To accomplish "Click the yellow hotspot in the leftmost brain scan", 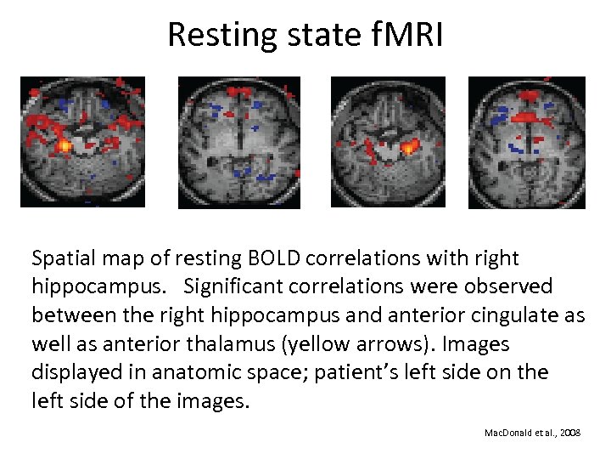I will [64, 146].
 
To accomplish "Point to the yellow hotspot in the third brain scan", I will [409, 148].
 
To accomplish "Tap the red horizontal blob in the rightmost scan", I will [527, 116].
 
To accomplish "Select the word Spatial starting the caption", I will [61, 258].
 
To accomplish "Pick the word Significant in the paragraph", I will [243, 286].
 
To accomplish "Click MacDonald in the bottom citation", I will [507, 433].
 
